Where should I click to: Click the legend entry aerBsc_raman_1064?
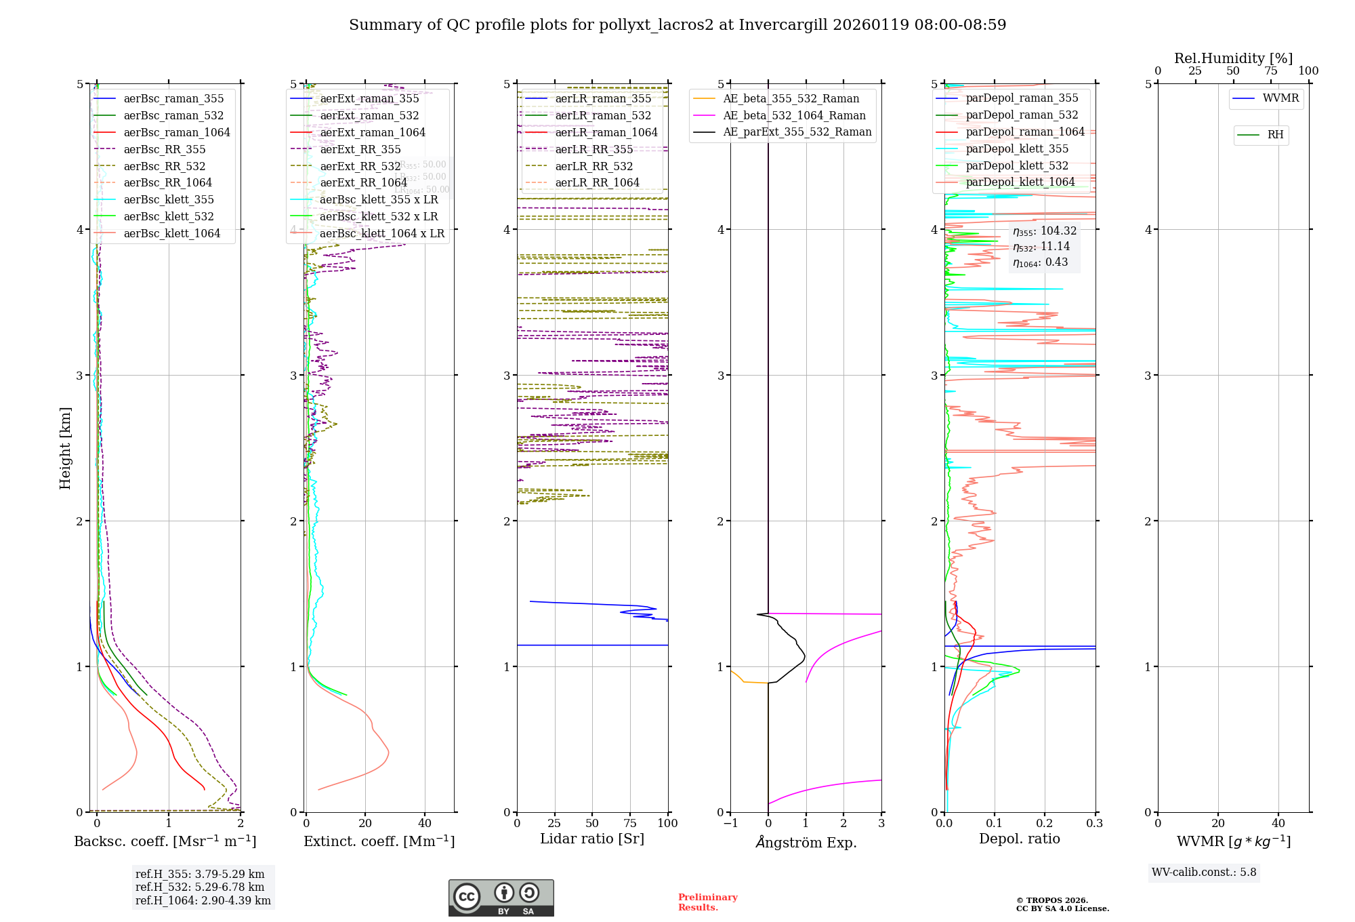pyautogui.click(x=176, y=133)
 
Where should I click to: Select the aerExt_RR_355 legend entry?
pyautogui.click(x=360, y=150)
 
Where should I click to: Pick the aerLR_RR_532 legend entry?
pyautogui.click(x=593, y=167)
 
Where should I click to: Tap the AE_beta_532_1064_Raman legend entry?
pyautogui.click(x=794, y=116)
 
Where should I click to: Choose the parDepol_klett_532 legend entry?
pyautogui.click(x=1017, y=166)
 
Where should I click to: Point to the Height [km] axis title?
pyautogui.click(x=65, y=448)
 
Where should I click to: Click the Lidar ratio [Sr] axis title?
pyautogui.click(x=592, y=839)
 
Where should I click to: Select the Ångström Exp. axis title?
pyautogui.click(x=806, y=843)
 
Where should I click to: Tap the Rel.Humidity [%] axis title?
pyautogui.click(x=1233, y=58)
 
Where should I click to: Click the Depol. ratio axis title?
pyautogui.click(x=1020, y=839)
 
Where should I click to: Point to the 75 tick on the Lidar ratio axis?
pyautogui.click(x=630, y=824)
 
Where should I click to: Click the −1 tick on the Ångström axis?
pyautogui.click(x=730, y=824)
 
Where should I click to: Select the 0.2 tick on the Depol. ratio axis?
pyautogui.click(x=1045, y=824)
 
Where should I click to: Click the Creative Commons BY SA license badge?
pyautogui.click(x=501, y=898)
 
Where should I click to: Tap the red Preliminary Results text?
pyautogui.click(x=707, y=902)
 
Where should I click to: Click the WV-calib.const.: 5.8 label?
pyautogui.click(x=1204, y=873)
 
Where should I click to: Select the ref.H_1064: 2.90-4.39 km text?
pyautogui.click(x=203, y=901)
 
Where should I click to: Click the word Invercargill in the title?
pyautogui.click(x=783, y=25)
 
